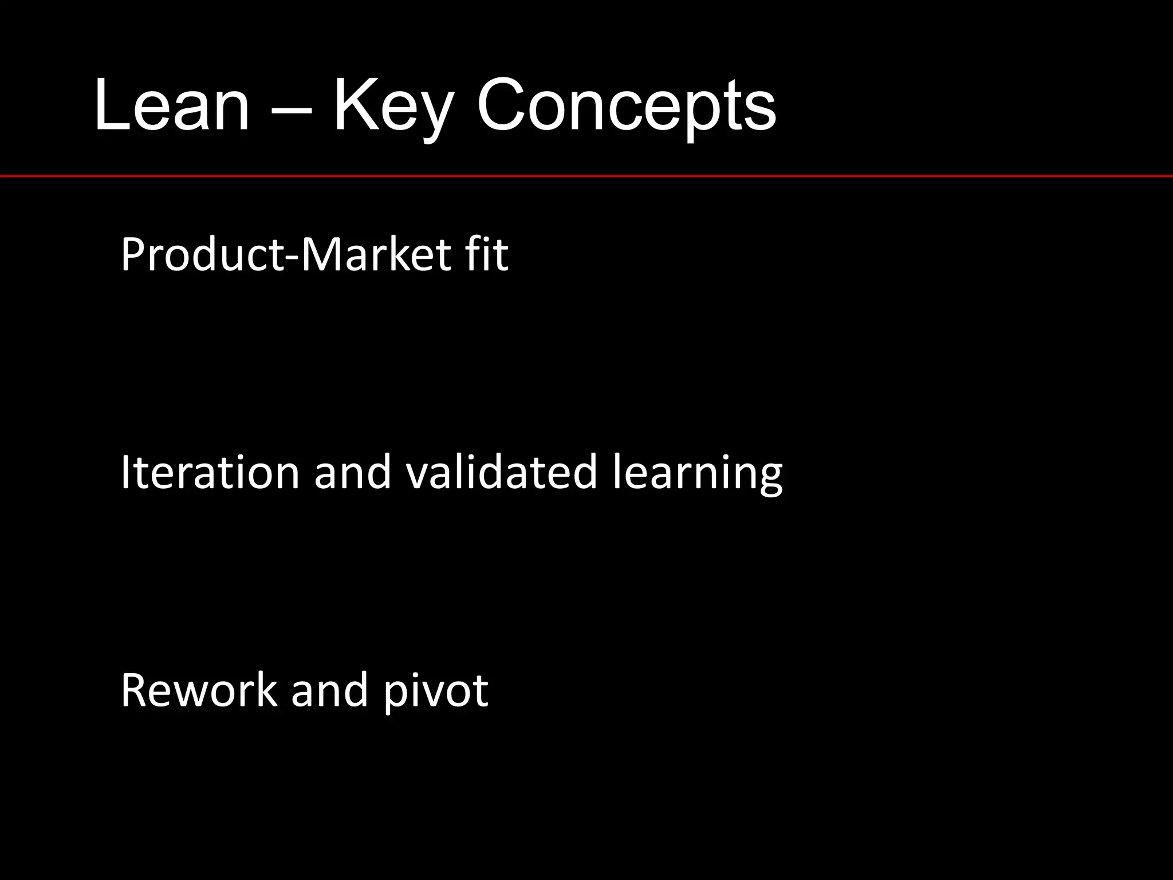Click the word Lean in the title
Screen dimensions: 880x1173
pos(172,106)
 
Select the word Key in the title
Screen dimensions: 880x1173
pos(393,109)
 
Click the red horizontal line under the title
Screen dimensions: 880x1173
pos(586,176)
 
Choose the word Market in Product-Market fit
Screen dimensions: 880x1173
pos(375,254)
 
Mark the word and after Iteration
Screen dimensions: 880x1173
pos(353,472)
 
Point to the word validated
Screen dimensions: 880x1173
pos(502,472)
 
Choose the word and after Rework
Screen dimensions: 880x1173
pos(329,690)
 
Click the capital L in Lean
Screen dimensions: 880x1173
pos(109,106)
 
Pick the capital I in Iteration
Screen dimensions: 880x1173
pos(125,472)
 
